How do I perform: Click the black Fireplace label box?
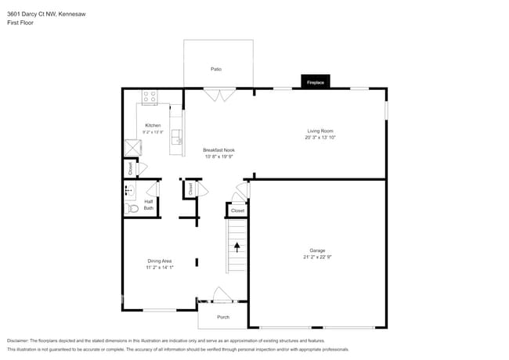tap(316, 81)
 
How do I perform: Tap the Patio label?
tap(216, 70)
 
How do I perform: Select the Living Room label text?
tap(319, 131)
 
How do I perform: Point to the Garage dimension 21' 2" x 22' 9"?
tap(318, 257)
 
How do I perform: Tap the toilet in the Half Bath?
tap(132, 208)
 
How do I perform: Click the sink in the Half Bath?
tap(129, 190)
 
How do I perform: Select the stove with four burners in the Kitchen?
tap(150, 97)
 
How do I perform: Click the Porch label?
tap(223, 317)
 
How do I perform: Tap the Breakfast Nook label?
tap(218, 150)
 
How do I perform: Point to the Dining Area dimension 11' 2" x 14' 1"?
tap(160, 268)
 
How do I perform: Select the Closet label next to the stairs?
tap(237, 211)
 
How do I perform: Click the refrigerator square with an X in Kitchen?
tap(133, 148)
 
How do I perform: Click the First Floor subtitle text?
tap(20, 23)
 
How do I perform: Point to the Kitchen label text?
tap(153, 125)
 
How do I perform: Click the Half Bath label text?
tap(149, 204)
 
